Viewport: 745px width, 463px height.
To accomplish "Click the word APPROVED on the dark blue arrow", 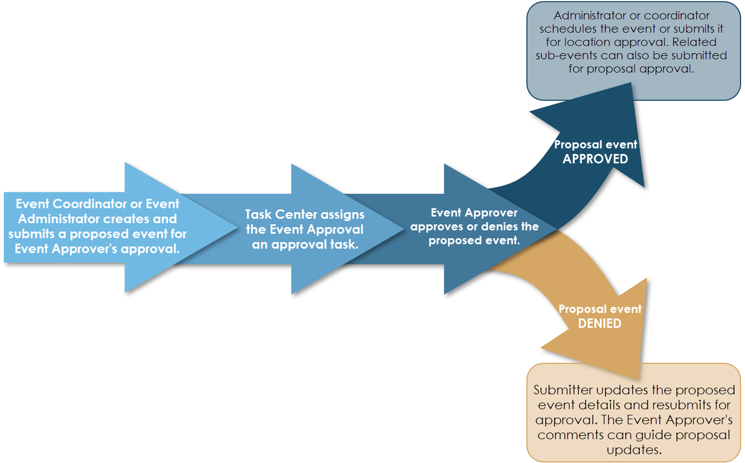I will (x=596, y=159).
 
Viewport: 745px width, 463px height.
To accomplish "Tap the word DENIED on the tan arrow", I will (x=599, y=323).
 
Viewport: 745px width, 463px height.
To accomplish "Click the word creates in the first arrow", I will (x=121, y=218).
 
